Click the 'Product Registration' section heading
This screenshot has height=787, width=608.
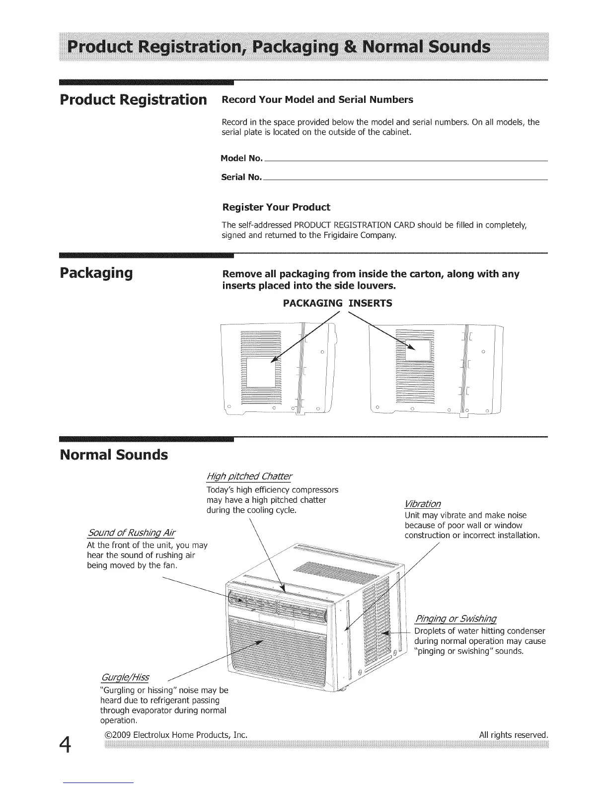coord(133,99)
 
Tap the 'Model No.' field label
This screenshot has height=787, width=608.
coord(241,158)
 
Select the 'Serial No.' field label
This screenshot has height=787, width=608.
coord(241,177)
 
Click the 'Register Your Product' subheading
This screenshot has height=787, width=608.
coord(276,207)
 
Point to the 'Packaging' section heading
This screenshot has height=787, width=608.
coord(96,273)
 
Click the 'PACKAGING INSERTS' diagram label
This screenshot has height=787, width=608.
coord(337,303)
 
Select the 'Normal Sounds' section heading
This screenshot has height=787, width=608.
coord(113,455)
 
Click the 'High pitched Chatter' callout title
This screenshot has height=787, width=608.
coord(249,476)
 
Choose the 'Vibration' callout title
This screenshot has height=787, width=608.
coord(423,503)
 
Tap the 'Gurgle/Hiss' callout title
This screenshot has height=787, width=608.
coord(125,678)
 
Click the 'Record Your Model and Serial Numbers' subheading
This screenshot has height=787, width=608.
coord(317,99)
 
